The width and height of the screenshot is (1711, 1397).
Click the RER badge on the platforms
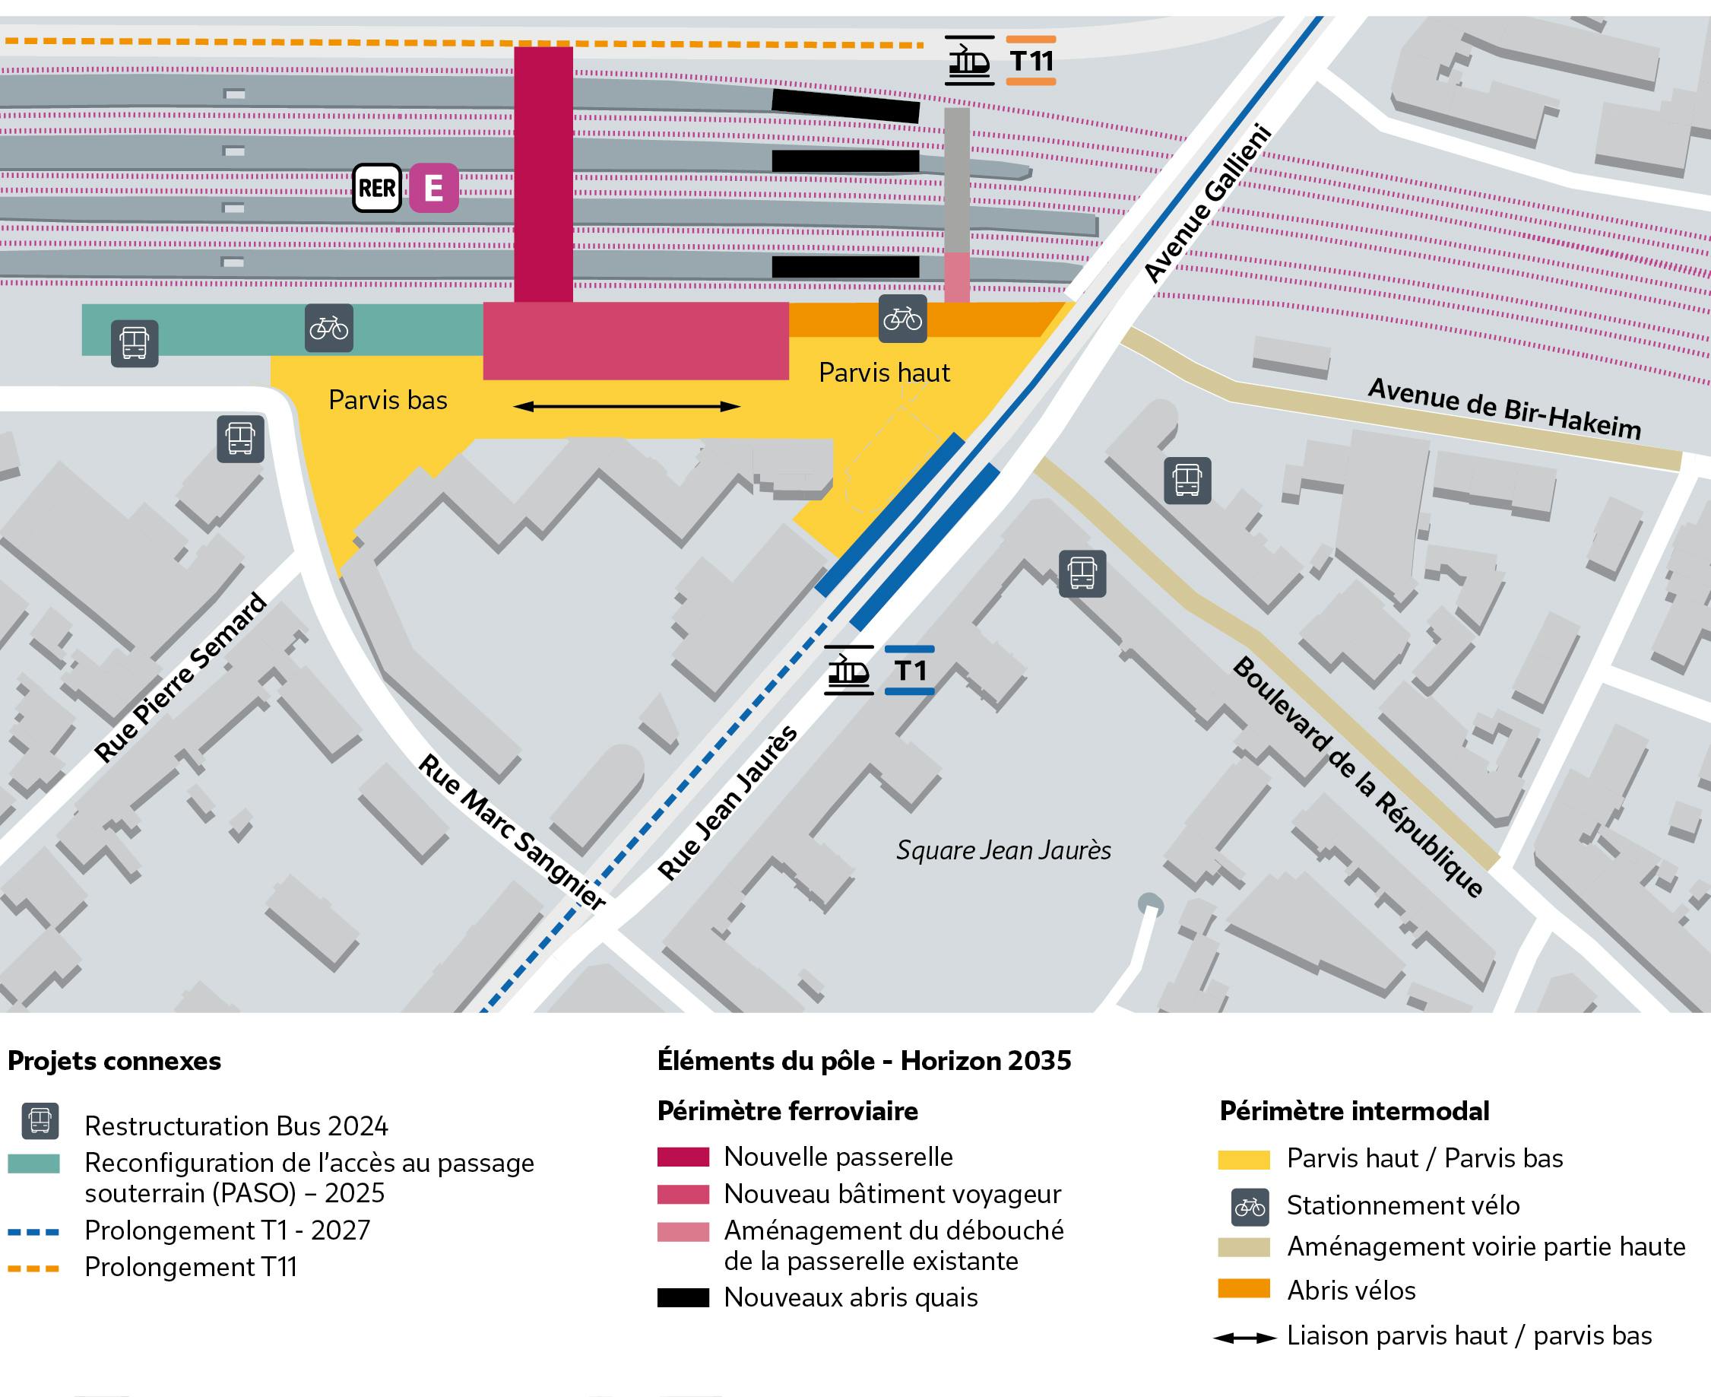(x=377, y=188)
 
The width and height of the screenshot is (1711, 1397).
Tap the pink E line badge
(x=433, y=188)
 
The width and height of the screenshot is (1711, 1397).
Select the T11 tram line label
(x=1031, y=60)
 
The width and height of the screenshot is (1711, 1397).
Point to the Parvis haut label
(x=884, y=373)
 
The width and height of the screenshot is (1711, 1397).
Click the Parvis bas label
(x=388, y=400)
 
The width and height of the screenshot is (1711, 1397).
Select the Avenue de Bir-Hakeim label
(x=1504, y=409)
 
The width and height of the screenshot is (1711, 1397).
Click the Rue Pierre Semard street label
(x=181, y=677)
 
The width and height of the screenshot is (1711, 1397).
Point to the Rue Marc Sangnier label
(x=512, y=832)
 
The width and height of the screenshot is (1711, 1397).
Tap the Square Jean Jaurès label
(x=1003, y=850)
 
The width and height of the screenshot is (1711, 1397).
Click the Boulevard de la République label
(x=1358, y=776)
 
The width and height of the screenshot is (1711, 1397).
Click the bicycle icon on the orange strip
(x=902, y=319)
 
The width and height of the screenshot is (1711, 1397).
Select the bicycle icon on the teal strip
(x=329, y=329)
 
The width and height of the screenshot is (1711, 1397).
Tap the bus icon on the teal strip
(x=135, y=344)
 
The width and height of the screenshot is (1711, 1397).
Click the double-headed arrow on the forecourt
(x=626, y=406)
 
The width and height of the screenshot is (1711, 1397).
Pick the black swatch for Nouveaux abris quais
(x=683, y=1297)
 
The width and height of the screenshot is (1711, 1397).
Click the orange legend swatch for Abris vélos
(x=1244, y=1288)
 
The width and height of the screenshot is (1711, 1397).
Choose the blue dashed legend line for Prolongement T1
(x=33, y=1232)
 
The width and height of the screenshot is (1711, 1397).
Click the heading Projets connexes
(x=114, y=1061)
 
